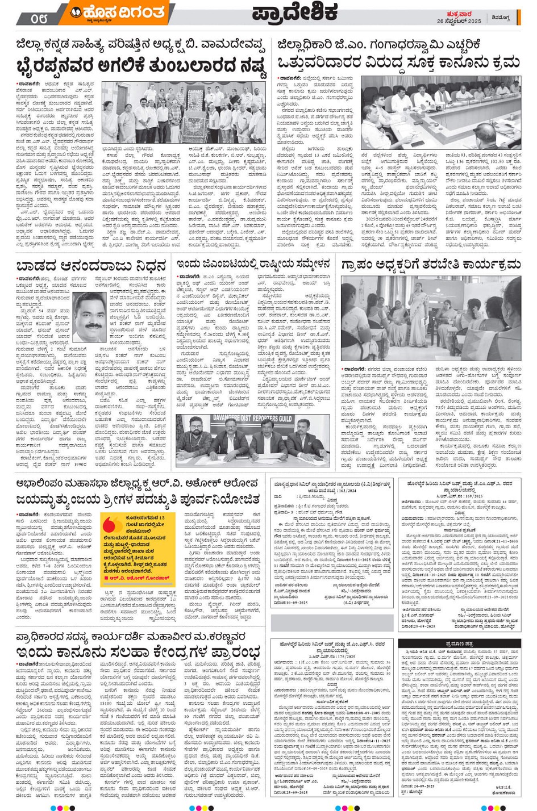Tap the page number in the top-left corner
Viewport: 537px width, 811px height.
pos(40,18)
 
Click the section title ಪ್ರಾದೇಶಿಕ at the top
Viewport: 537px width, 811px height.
pos(295,12)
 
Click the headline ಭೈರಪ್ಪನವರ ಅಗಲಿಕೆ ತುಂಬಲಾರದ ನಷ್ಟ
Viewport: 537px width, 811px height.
pos(141,65)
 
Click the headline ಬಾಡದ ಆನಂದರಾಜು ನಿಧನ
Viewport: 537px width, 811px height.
pos(91,265)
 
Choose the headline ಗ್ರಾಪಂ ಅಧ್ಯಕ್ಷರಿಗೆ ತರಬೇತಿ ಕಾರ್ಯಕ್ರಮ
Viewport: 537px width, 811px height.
pos(431,265)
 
